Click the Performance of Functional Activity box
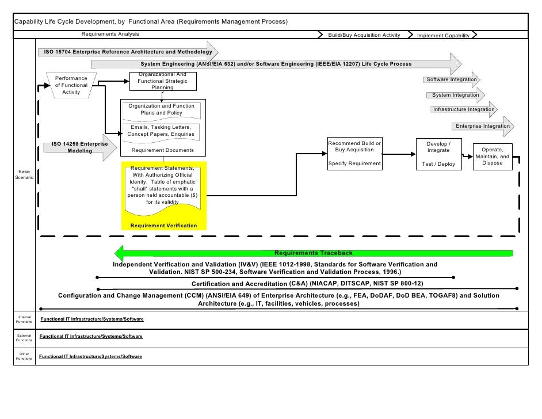[71, 85]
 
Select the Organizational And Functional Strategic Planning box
[162, 82]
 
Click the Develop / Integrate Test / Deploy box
[438, 154]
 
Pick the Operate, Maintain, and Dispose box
[492, 157]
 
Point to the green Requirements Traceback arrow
[314, 253]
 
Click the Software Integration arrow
[452, 79]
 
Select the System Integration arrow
[456, 95]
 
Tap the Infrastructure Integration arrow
[464, 109]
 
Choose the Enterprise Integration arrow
[482, 126]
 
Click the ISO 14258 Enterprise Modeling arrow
[80, 148]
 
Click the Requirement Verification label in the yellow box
[163, 225]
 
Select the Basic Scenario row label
[24, 175]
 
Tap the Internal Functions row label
[24, 319]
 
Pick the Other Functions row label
[24, 356]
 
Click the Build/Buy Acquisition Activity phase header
[364, 35]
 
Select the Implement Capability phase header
[444, 35]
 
